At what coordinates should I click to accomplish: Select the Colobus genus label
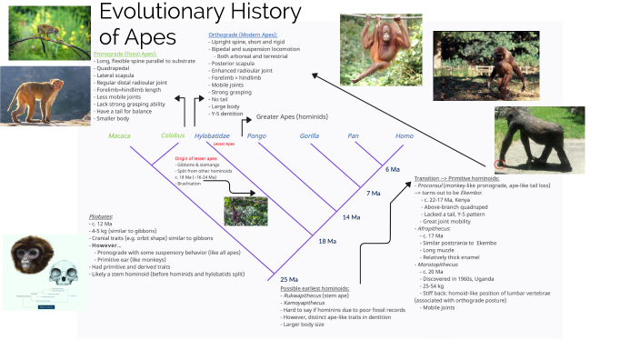173,135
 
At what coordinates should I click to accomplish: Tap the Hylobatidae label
213,135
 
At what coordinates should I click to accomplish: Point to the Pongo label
256,135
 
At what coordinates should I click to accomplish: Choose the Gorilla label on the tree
310,135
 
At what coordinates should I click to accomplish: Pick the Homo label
404,135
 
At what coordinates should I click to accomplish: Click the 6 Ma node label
393,169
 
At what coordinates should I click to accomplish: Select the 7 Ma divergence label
373,193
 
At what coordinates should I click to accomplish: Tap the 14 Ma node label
351,218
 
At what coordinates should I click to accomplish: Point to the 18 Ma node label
327,241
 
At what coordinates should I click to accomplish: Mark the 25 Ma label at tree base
289,278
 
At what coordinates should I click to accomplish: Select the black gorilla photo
540,141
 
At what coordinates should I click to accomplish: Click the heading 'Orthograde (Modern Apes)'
244,34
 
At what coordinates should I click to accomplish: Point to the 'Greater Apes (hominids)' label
293,117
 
